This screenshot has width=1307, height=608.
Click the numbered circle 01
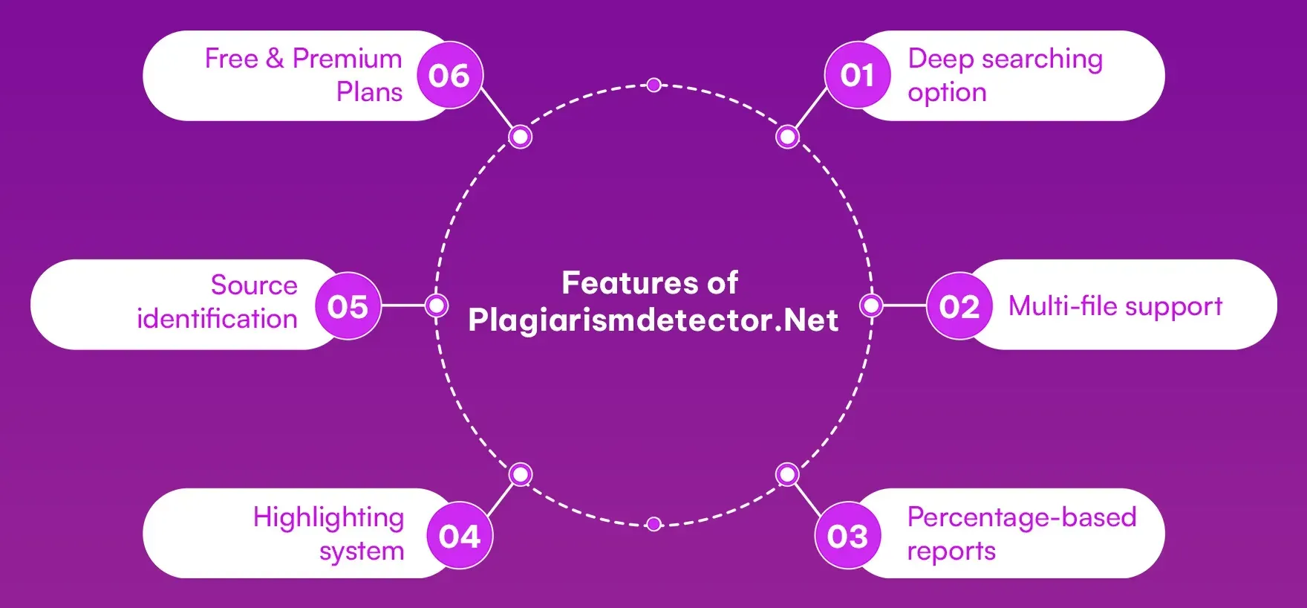point(857,75)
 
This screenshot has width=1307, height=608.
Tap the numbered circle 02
point(959,306)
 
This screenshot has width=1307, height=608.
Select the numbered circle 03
point(847,536)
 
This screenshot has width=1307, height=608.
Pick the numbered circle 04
point(460,536)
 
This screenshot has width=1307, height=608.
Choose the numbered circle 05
point(348,306)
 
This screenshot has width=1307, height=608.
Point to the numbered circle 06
point(449,75)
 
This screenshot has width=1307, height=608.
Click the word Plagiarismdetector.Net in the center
point(653,320)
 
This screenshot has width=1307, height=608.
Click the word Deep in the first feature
point(940,59)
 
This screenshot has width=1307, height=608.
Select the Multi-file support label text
point(1115,305)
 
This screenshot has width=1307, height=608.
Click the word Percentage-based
point(1021,517)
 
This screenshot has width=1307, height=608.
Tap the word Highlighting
point(328,517)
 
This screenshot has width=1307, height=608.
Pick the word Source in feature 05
point(253,285)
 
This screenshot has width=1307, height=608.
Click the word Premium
point(347,59)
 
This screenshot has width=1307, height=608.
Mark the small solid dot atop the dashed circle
point(653,85)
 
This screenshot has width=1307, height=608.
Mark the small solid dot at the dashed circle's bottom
point(653,525)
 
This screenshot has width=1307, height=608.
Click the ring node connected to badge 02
point(870,305)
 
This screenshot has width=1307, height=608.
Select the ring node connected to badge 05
point(437,305)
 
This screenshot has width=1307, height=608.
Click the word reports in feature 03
point(951,552)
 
